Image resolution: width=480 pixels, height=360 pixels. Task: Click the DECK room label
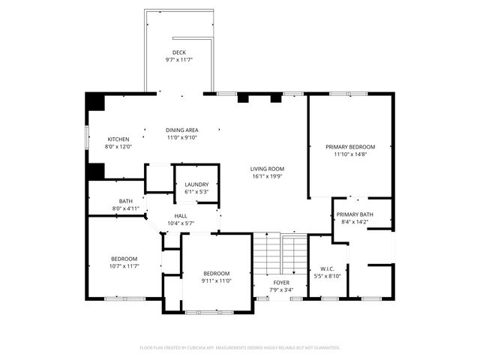[x=178, y=52]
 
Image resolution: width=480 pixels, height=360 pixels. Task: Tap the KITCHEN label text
[x=118, y=139]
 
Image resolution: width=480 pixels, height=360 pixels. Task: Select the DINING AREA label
[x=181, y=130]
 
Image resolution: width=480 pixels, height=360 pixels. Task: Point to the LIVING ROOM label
[x=267, y=169]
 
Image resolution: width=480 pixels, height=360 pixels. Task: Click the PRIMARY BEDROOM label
[x=349, y=147]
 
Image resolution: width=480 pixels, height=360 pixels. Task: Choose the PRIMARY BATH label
[x=355, y=214]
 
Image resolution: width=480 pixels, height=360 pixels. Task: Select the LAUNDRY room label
[x=196, y=184]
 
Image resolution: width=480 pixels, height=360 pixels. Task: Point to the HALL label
[x=181, y=216]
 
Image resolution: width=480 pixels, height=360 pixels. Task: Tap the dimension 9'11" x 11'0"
[x=216, y=280]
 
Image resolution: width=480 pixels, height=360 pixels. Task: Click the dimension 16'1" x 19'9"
[x=267, y=176]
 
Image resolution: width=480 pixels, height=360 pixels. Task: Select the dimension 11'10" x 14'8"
[x=349, y=154]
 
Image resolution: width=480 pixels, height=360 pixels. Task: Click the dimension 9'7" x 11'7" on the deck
[x=178, y=60]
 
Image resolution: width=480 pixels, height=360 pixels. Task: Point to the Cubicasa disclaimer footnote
[x=240, y=347]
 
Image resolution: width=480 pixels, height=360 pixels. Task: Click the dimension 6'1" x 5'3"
[x=196, y=192]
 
